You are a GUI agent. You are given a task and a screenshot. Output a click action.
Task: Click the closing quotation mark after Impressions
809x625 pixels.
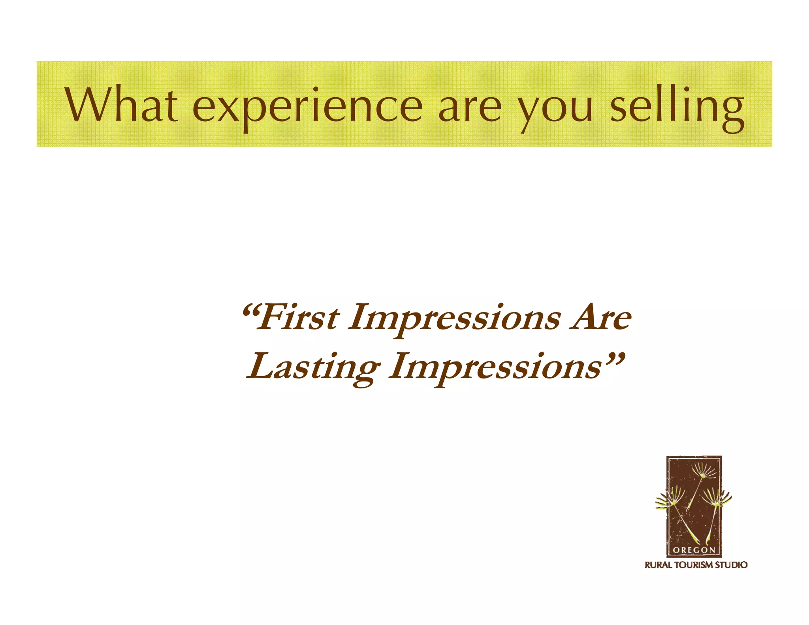pyautogui.click(x=614, y=358)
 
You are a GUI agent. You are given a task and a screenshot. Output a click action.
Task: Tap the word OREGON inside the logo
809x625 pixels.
pyautogui.click(x=694, y=550)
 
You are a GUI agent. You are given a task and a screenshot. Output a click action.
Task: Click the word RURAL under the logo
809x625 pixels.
pyautogui.click(x=658, y=565)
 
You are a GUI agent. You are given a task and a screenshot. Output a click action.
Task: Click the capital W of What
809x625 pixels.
pyautogui.click(x=86, y=104)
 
